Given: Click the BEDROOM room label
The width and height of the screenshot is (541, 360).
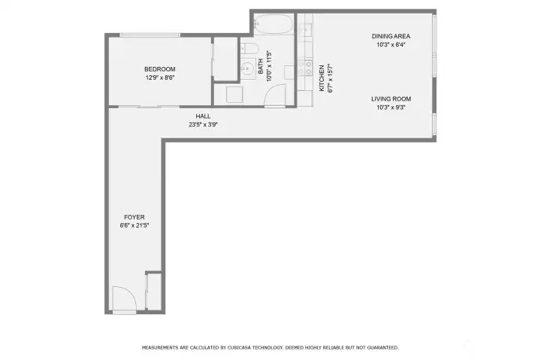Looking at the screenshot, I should [160, 69].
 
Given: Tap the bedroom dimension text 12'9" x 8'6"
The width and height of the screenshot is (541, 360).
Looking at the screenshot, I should [160, 77].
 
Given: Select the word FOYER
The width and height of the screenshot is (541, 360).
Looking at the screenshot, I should [134, 217].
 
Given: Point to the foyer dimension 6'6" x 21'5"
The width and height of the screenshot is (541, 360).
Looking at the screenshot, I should [134, 225].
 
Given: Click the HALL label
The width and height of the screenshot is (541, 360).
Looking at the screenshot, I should [203, 116].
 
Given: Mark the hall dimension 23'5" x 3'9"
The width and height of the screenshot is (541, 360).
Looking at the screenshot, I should [203, 125].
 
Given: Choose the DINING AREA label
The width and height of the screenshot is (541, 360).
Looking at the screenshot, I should [391, 36].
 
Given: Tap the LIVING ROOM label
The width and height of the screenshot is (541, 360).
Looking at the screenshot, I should [391, 98].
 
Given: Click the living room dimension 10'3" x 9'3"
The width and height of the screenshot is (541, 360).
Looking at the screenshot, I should [391, 107].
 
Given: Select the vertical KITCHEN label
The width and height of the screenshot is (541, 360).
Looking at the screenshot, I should [322, 77].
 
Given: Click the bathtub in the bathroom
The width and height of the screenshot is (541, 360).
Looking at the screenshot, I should [273, 25].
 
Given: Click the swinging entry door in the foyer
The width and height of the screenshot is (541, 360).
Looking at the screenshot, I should [122, 300].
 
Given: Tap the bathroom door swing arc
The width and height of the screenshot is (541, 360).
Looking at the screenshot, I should [277, 96].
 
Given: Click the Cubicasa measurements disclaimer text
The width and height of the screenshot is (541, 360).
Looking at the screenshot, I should [270, 347].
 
